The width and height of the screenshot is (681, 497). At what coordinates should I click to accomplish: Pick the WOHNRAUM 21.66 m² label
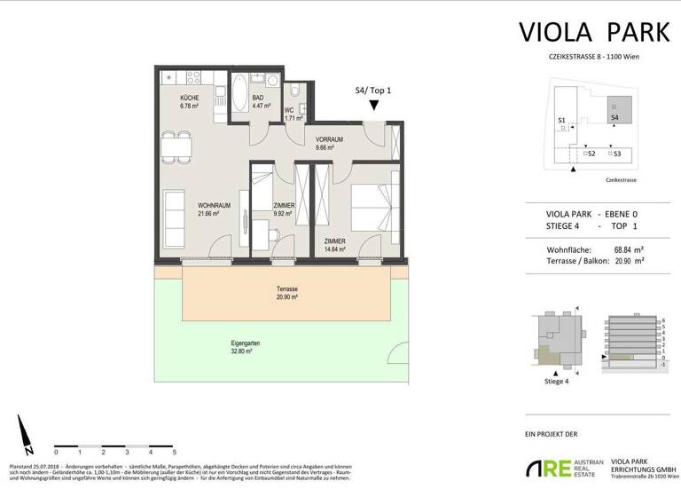(214, 209)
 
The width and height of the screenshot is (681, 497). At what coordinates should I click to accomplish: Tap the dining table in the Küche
(175, 146)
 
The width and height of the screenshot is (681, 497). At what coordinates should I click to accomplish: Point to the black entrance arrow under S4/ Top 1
(374, 105)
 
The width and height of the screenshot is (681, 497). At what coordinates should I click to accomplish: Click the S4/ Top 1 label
(373, 90)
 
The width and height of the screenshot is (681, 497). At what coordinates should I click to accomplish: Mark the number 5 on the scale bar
(173, 452)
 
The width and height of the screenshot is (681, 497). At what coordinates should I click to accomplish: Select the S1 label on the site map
(561, 119)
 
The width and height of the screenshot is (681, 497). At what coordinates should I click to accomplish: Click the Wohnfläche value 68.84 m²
(625, 249)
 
